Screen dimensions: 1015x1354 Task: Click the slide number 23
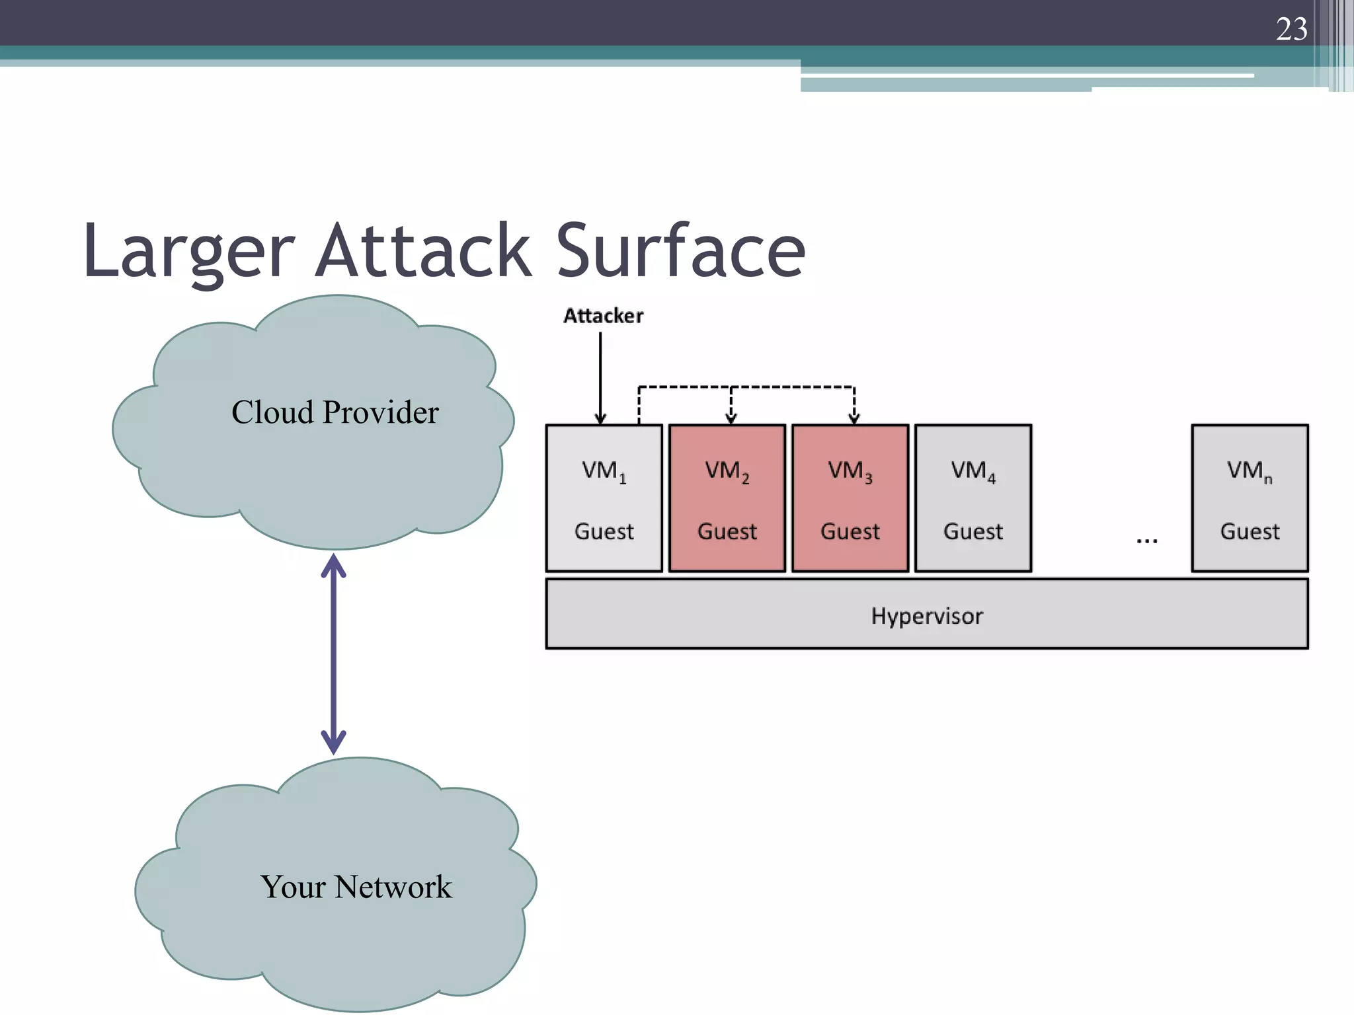point(1291,29)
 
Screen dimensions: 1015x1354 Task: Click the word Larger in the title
point(188,252)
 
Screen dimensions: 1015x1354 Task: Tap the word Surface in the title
point(680,250)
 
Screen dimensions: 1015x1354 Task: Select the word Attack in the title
point(423,250)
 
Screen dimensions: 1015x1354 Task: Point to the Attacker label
point(603,316)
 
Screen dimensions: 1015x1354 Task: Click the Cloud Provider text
point(335,412)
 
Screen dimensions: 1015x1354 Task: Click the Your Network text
point(356,887)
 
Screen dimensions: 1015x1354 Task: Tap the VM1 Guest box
point(604,498)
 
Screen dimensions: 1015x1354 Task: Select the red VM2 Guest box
point(727,498)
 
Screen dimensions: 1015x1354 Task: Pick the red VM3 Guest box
point(850,498)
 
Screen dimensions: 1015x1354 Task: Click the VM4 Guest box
point(973,498)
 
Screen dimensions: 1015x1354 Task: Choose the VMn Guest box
point(1250,498)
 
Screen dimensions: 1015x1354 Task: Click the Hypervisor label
point(926,616)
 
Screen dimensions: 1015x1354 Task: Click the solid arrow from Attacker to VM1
point(600,377)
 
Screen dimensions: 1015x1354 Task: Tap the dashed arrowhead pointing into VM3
point(854,418)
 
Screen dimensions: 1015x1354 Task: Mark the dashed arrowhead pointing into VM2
point(731,418)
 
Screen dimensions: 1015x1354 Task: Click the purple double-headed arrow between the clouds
point(333,654)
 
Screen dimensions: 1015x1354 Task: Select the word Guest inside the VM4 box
point(973,531)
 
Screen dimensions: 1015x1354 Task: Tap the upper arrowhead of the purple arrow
point(333,566)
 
